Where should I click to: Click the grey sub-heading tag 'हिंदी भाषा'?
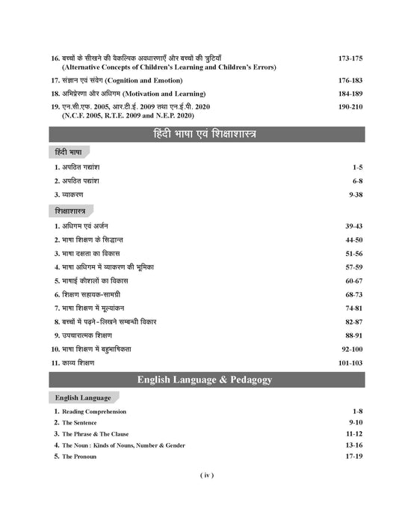(69, 153)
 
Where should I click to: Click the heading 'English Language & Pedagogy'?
(206, 380)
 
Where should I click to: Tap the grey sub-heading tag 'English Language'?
(82, 397)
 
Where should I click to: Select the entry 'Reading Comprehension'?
(94, 412)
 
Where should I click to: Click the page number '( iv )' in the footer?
(207, 476)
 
